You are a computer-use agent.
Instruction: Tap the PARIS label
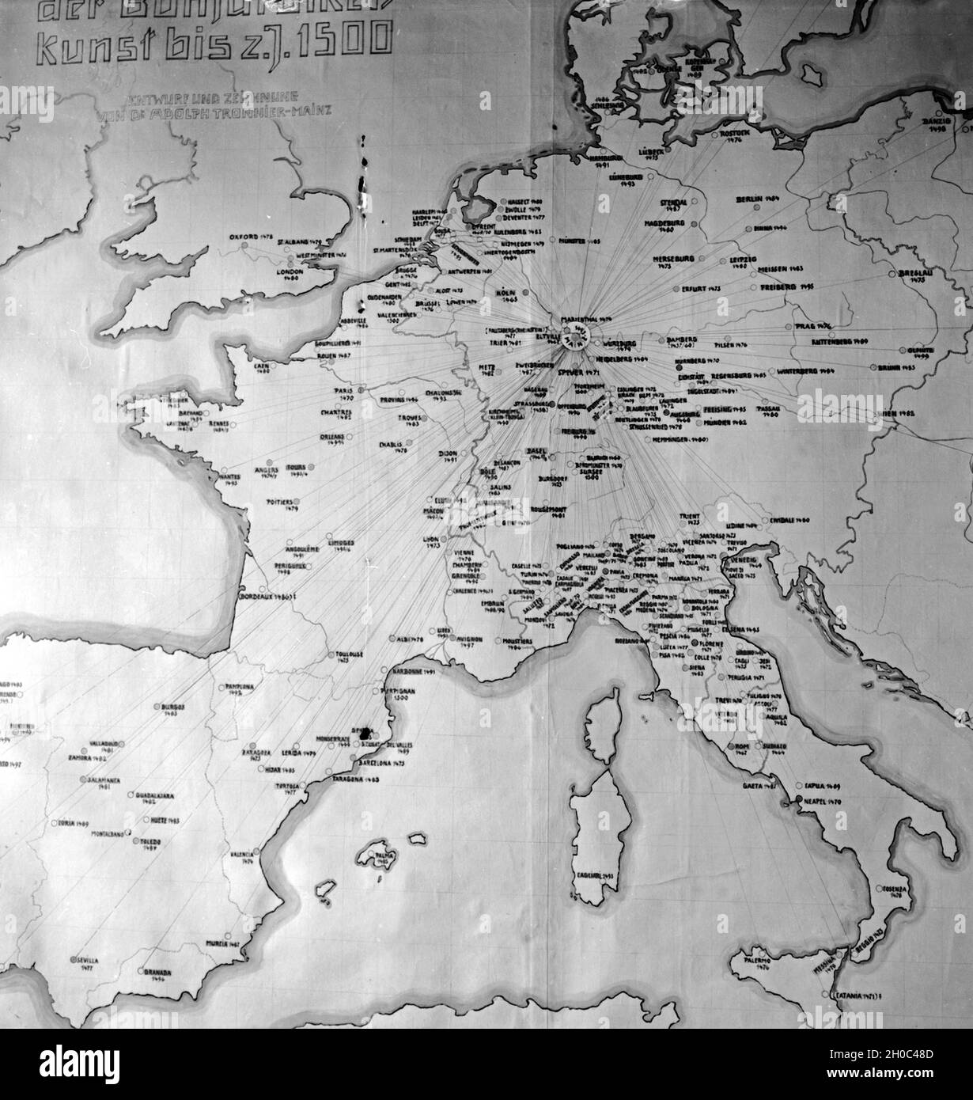click(344, 390)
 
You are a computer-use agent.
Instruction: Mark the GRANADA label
click(158, 971)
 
